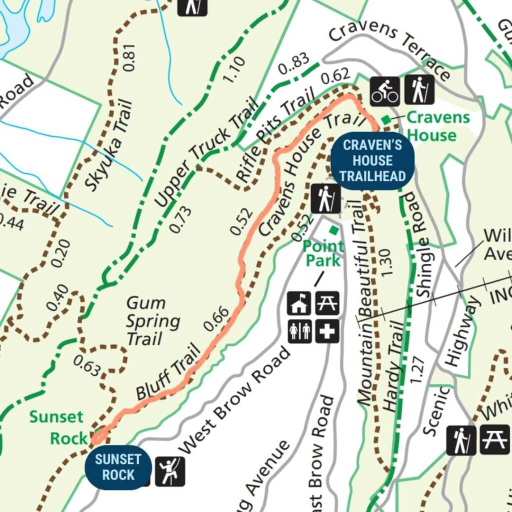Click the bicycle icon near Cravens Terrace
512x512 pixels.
tap(384, 90)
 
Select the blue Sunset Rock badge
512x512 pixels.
tap(118, 466)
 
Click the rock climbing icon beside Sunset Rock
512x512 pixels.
tap(170, 471)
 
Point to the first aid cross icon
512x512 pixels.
tap(327, 331)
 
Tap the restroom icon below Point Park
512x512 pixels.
tap(300, 331)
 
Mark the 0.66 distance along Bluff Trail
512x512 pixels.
tap(216, 318)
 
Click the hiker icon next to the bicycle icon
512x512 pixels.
tap(419, 90)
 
